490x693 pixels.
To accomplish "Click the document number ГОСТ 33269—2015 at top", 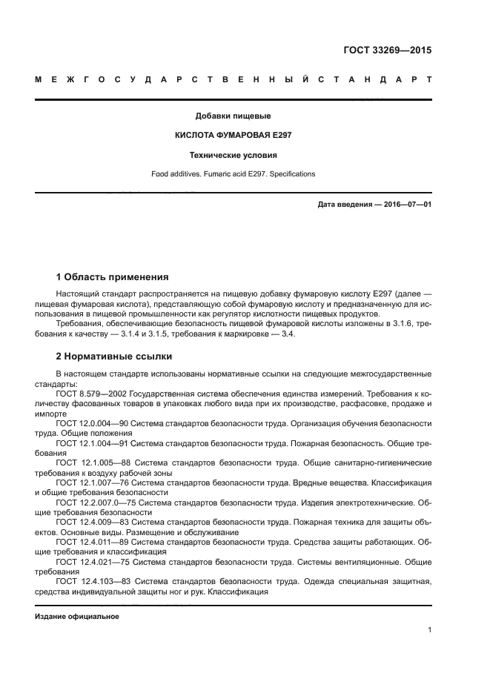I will tap(388, 51).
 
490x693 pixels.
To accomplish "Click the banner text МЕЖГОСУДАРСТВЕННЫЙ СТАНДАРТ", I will tap(233, 81).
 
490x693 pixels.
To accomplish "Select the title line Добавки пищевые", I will tap(233, 116).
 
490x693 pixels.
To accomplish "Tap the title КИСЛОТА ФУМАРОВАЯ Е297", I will tap(233, 136).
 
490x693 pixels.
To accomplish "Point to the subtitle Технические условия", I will tap(233, 156).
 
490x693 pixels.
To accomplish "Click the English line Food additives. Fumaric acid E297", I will tap(233, 174).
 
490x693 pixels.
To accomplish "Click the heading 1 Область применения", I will tap(112, 277).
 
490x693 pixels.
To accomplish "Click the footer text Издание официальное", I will tap(77, 617).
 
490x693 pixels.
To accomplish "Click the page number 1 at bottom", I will tap(429, 631).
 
